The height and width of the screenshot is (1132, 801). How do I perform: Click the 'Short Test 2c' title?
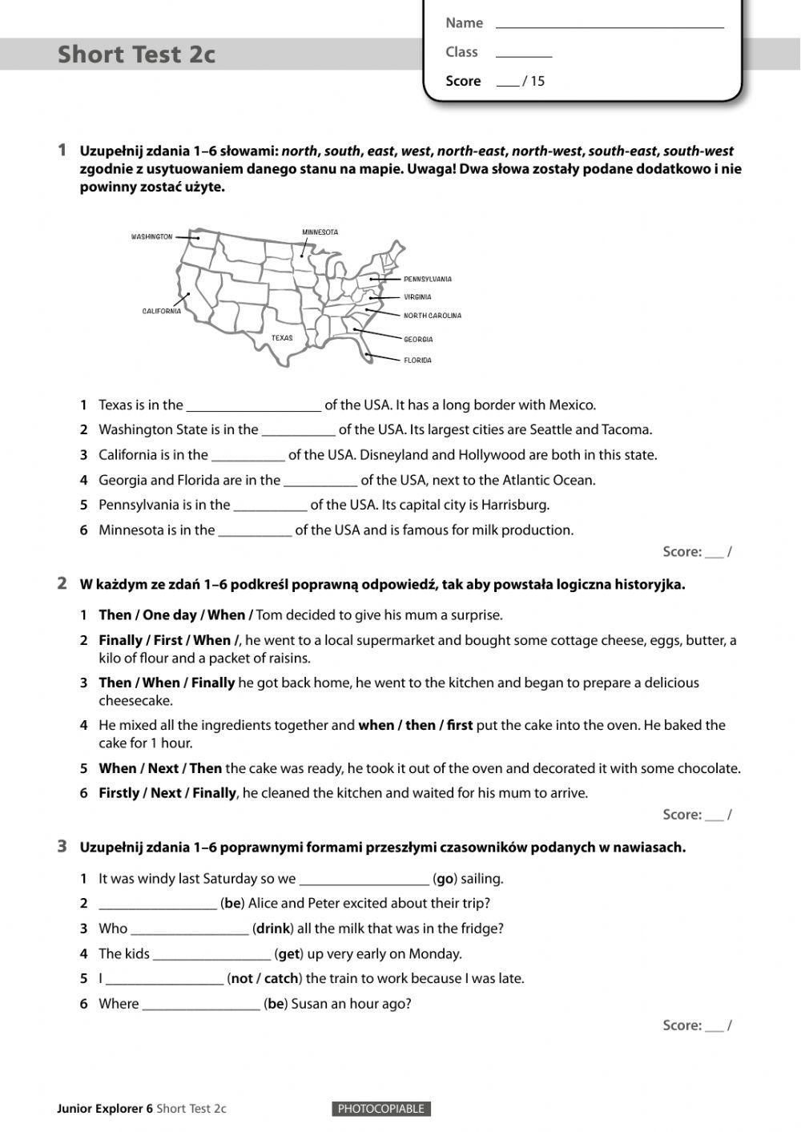pos(136,54)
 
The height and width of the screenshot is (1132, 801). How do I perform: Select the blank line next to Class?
pos(524,54)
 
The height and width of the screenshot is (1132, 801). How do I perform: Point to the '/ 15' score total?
pos(533,81)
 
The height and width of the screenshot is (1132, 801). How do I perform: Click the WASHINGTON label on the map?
pos(151,237)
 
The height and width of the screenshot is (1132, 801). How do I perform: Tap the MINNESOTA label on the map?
pos(320,232)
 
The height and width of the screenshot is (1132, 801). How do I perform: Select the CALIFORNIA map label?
pos(162,311)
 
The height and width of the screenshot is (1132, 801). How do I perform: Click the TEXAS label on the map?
pos(282,338)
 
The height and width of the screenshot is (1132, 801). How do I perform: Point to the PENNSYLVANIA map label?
pos(427,280)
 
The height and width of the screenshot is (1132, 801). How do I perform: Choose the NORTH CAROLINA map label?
pos(432,316)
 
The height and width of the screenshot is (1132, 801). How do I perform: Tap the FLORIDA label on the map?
pos(417,361)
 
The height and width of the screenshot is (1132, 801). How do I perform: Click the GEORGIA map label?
pos(418,340)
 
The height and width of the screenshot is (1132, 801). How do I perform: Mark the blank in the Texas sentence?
pos(253,405)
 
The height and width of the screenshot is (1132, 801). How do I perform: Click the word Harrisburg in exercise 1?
pos(514,505)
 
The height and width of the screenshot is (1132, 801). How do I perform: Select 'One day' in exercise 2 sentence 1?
pos(169,615)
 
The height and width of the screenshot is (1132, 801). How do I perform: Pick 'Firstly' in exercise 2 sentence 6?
pos(119,793)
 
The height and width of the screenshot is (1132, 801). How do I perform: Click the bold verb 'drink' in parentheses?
pos(272,929)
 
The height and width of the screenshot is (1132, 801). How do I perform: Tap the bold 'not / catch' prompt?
pos(264,978)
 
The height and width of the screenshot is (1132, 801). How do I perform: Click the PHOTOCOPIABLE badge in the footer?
pos(380,1109)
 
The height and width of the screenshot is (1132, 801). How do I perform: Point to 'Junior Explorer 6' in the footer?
pos(105,1109)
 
